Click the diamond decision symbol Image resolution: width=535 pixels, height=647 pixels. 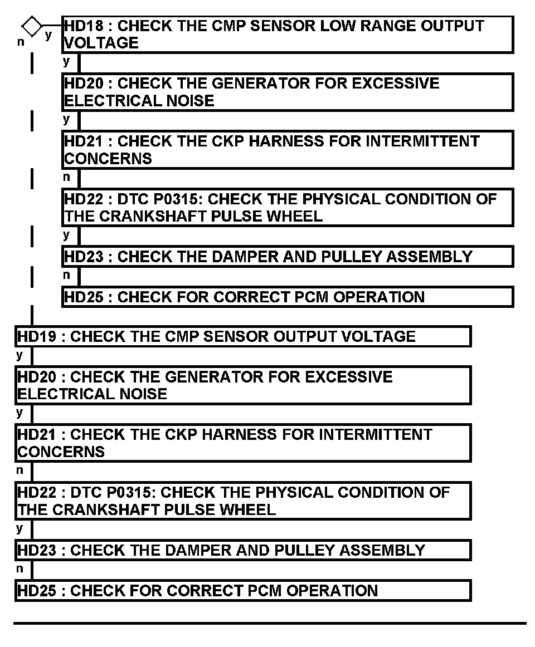[x=32, y=26]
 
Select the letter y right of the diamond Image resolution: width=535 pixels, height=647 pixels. [x=48, y=35]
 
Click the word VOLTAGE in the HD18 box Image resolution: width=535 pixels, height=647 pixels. [x=101, y=43]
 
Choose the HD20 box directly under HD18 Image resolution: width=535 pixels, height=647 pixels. [x=287, y=92]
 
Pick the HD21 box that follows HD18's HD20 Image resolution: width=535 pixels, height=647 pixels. [x=287, y=150]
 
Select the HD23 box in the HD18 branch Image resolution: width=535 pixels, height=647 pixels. [x=287, y=257]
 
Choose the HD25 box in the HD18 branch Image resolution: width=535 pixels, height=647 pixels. [x=287, y=297]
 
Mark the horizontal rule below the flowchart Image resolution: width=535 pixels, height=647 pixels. [x=270, y=623]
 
